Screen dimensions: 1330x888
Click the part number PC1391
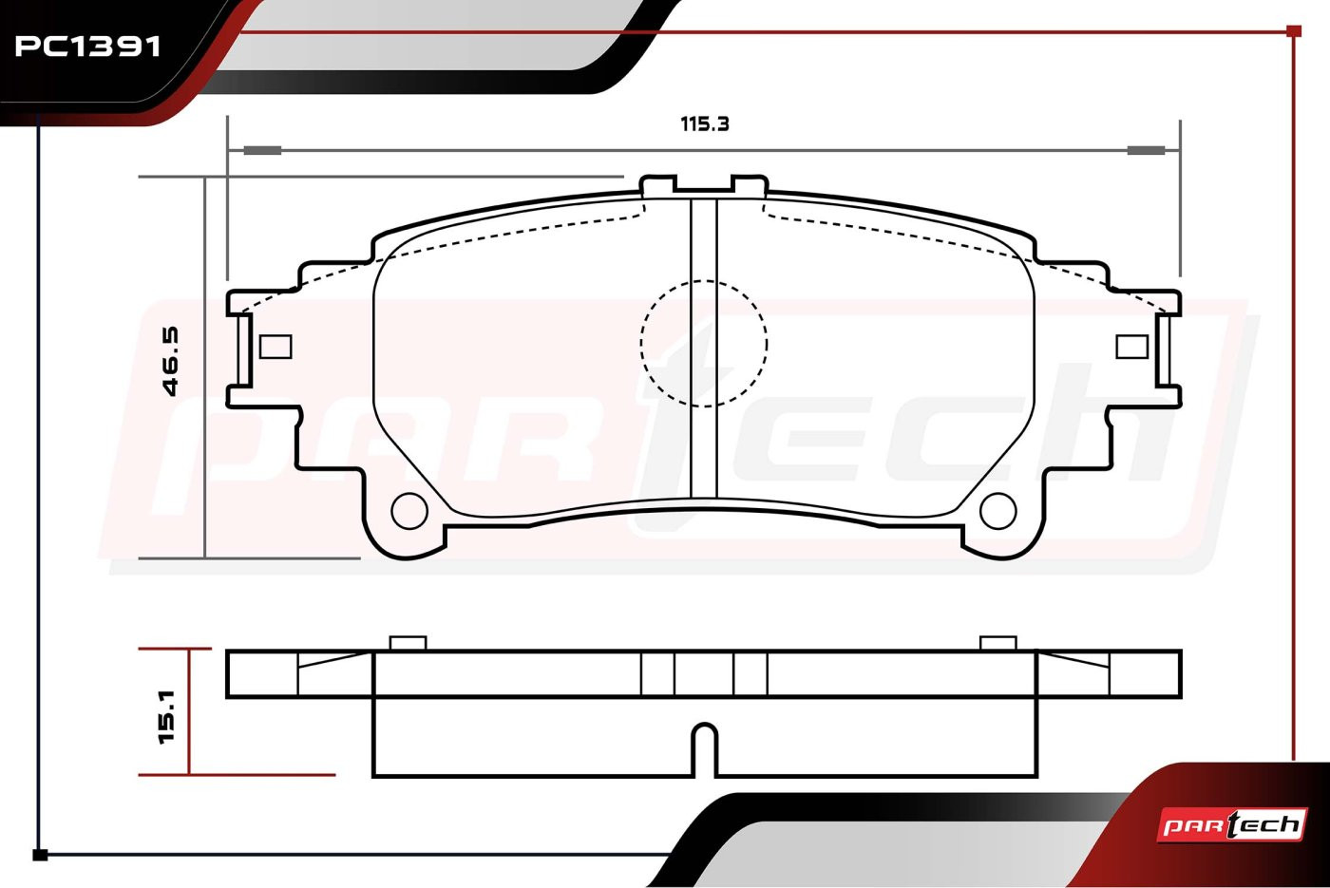[x=87, y=47]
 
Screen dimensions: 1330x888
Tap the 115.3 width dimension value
[x=704, y=124]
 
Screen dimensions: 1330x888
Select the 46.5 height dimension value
[x=170, y=361]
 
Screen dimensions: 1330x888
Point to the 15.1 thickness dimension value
[x=167, y=716]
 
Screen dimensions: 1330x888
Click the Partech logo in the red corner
[x=1232, y=825]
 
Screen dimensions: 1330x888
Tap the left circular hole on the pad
[x=409, y=511]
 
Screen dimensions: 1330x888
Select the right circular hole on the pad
[x=998, y=511]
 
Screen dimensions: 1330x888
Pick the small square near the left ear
[x=276, y=347]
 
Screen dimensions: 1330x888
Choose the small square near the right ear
[x=1131, y=347]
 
